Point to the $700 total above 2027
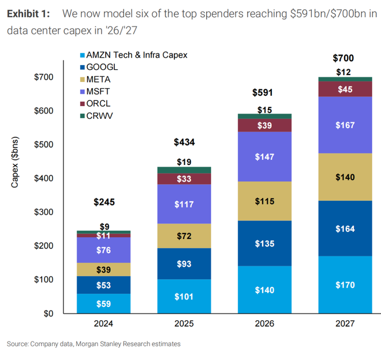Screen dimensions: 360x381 coord(343,58)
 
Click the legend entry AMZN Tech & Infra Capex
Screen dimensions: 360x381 coord(133,55)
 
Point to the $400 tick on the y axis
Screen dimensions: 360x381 coord(44,178)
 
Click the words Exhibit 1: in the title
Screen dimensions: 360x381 coord(29,13)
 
